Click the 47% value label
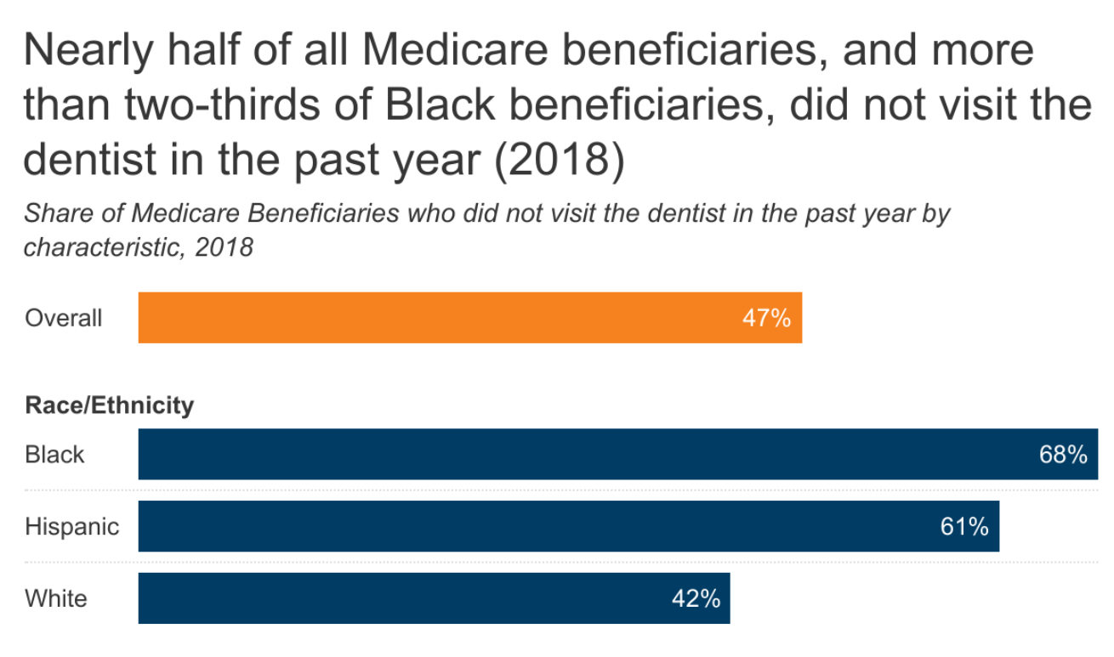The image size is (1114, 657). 766,319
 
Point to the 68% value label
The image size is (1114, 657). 1062,455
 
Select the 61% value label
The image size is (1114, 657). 963,527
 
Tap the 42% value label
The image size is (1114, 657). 696,599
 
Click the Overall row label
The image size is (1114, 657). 63,319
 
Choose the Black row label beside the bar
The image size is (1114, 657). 54,455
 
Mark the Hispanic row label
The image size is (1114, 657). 71,527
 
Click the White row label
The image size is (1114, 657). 55,599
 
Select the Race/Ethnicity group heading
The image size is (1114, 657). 109,405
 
